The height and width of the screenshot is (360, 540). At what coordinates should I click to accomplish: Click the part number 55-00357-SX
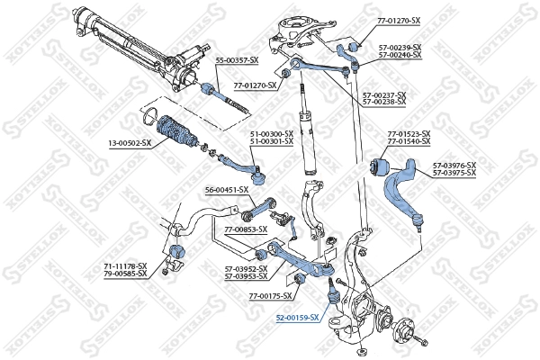tap(237, 59)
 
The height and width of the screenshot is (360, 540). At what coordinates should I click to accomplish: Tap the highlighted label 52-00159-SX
tap(297, 318)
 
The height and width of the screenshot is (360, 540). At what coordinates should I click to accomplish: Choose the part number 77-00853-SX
tap(246, 229)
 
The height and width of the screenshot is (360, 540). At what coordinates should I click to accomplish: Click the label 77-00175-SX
tap(271, 295)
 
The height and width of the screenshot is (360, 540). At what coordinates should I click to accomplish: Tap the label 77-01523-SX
tap(409, 134)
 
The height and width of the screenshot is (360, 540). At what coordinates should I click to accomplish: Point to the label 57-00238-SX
tap(384, 102)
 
